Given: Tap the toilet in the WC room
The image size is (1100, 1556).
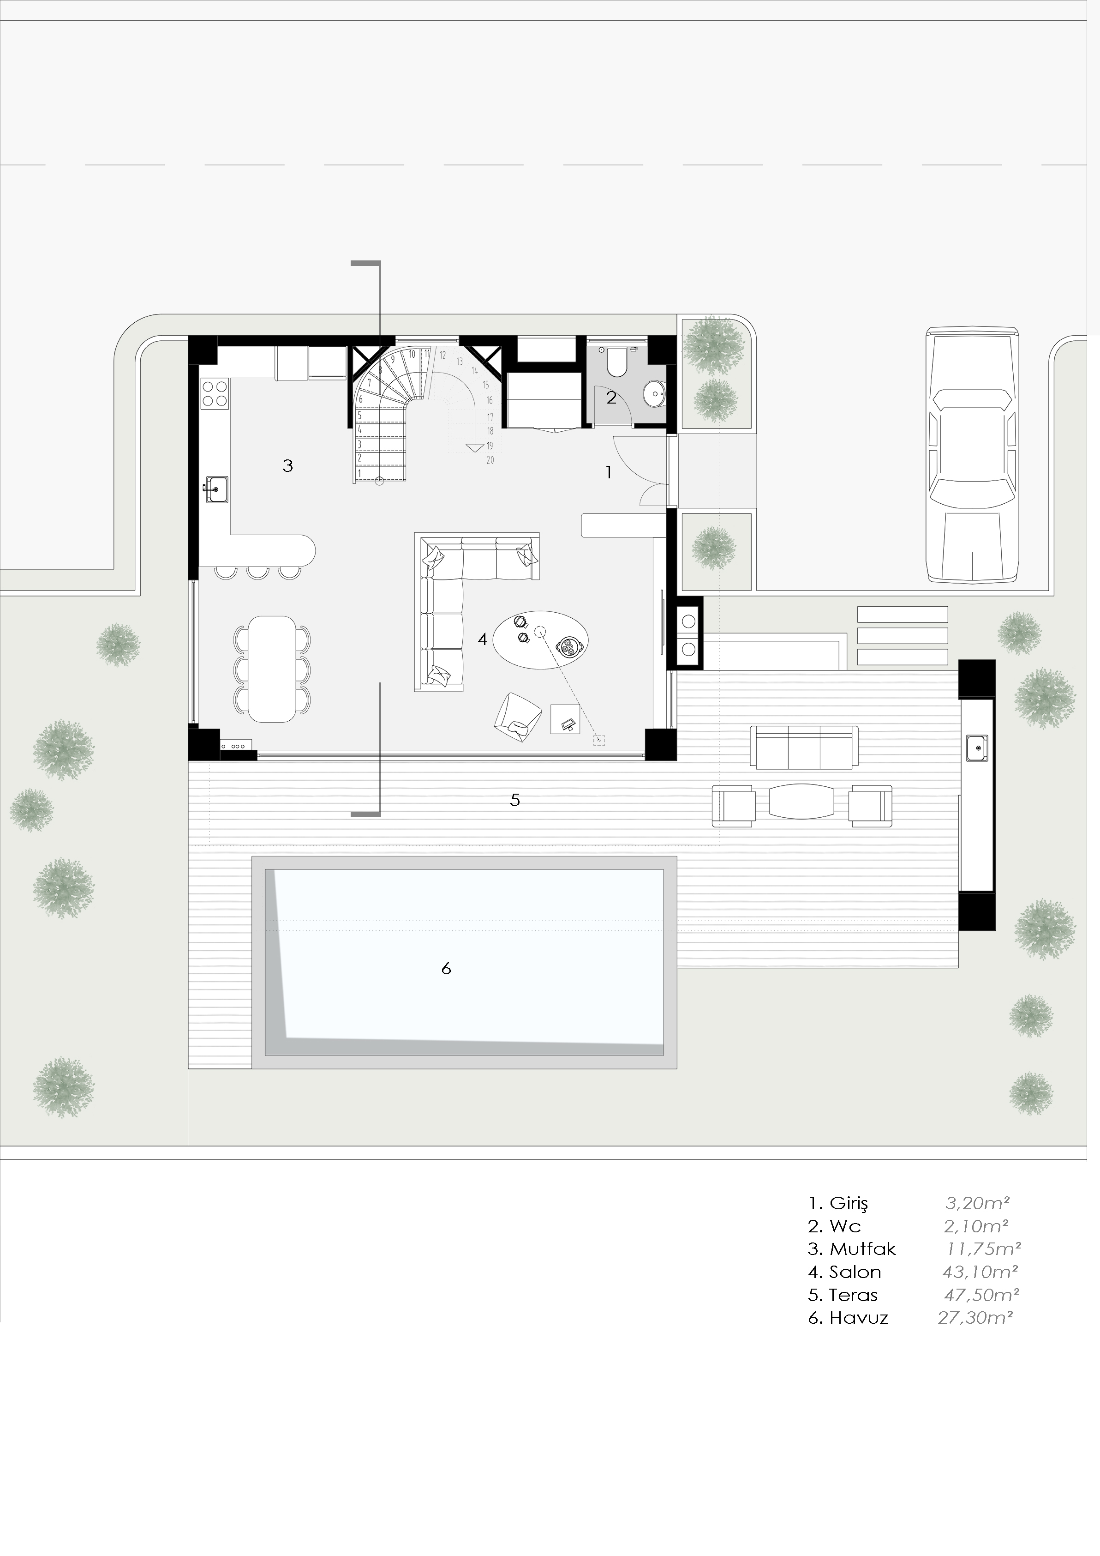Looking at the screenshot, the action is [x=617, y=362].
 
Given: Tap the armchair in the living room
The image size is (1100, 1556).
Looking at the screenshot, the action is [x=518, y=714].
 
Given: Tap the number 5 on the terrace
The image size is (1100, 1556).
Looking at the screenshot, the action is [x=515, y=800].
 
